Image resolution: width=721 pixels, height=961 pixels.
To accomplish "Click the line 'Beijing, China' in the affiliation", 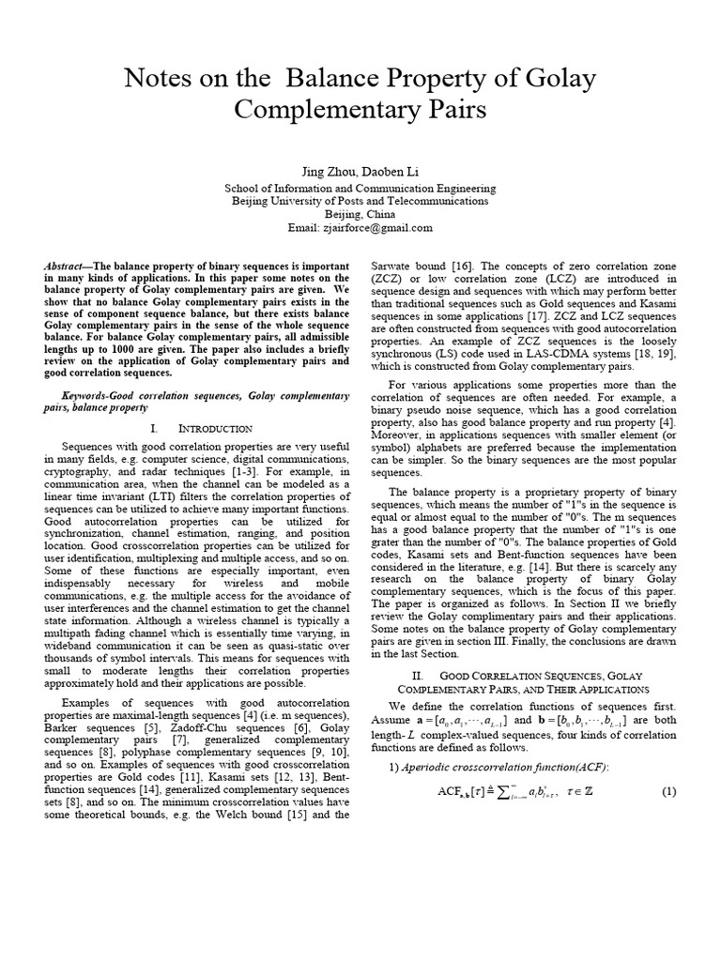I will (x=360, y=214).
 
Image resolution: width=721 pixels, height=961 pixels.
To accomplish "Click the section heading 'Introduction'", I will (x=215, y=428).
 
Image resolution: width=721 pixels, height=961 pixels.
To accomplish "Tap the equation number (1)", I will (x=668, y=791).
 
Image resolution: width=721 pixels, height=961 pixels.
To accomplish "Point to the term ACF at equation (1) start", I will (x=448, y=792).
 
